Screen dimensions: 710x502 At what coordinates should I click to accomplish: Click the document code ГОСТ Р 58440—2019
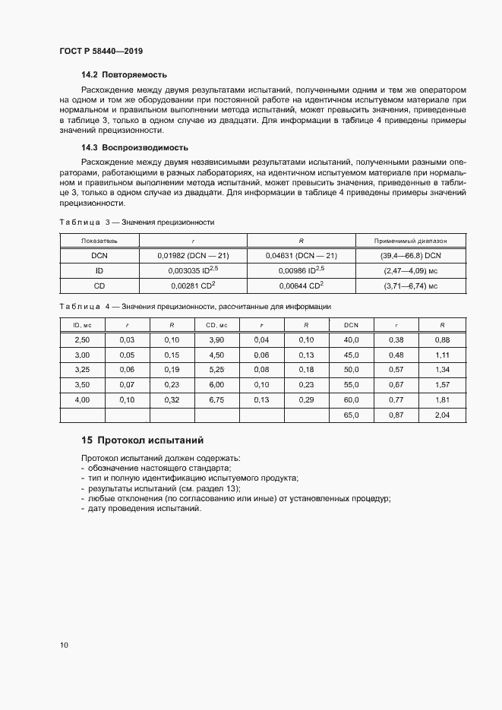[101, 51]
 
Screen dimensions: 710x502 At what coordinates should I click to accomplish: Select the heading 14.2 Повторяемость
[124, 75]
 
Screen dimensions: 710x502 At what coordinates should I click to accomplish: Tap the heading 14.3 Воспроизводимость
[134, 147]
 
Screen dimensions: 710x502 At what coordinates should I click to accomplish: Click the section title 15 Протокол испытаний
[142, 440]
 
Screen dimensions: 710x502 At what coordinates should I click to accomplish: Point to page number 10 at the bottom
[63, 645]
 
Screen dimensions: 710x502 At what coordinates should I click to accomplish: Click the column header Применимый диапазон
[410, 240]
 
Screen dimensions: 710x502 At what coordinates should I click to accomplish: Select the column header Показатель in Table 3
[99, 240]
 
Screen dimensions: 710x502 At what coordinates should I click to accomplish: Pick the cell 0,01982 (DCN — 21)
[193, 255]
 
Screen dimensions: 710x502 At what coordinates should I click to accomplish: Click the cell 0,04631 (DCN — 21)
[302, 255]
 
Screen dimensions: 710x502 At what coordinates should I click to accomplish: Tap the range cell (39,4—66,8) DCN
[410, 255]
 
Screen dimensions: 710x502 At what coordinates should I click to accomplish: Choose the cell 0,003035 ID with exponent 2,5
[193, 270]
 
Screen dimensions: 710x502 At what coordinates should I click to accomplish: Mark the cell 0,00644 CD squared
[302, 286]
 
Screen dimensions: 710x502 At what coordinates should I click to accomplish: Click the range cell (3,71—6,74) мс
[410, 286]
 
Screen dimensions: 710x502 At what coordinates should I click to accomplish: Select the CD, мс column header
[216, 325]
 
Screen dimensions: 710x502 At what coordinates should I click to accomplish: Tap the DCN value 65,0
[351, 415]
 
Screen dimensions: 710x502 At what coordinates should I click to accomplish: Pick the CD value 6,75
[216, 399]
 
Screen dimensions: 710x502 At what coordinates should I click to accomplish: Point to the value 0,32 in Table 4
[172, 399]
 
